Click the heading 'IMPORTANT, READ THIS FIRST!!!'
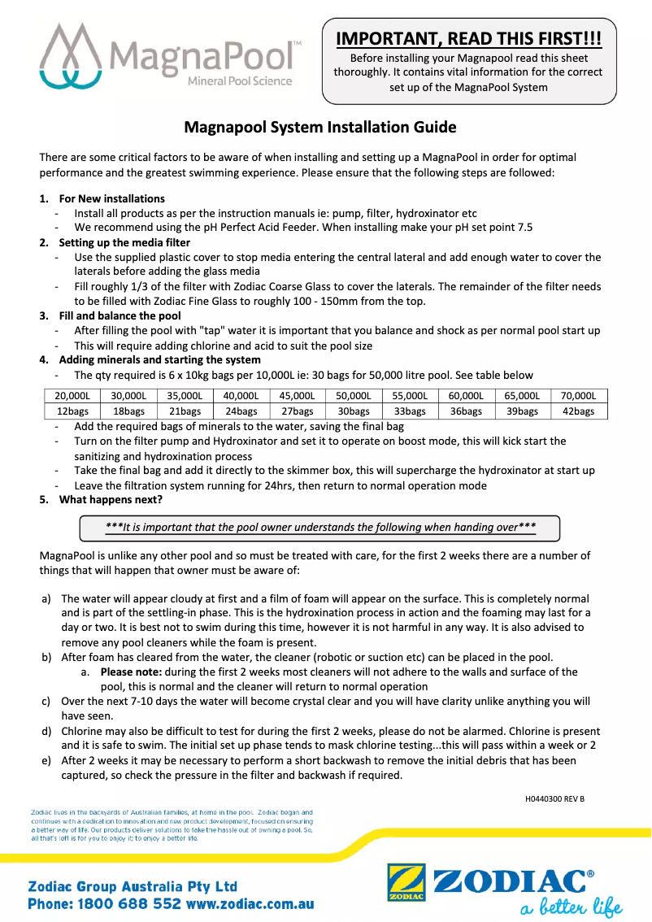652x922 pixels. (x=469, y=38)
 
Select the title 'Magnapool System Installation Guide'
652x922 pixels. (x=320, y=128)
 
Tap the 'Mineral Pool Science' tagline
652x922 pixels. (x=239, y=81)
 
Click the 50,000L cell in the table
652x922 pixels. (x=354, y=396)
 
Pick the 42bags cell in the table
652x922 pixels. (x=578, y=411)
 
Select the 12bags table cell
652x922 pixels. (x=72, y=411)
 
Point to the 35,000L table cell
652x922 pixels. (x=185, y=396)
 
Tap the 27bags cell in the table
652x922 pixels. (x=297, y=411)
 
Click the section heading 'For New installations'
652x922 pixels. (x=111, y=198)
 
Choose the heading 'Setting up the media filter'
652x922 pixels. (x=124, y=242)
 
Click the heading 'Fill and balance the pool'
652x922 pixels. (x=120, y=315)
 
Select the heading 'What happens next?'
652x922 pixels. (x=111, y=499)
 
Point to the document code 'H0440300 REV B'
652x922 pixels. (x=554, y=798)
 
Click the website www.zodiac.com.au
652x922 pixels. (x=250, y=903)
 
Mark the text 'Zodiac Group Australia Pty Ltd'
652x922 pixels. (x=133, y=885)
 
